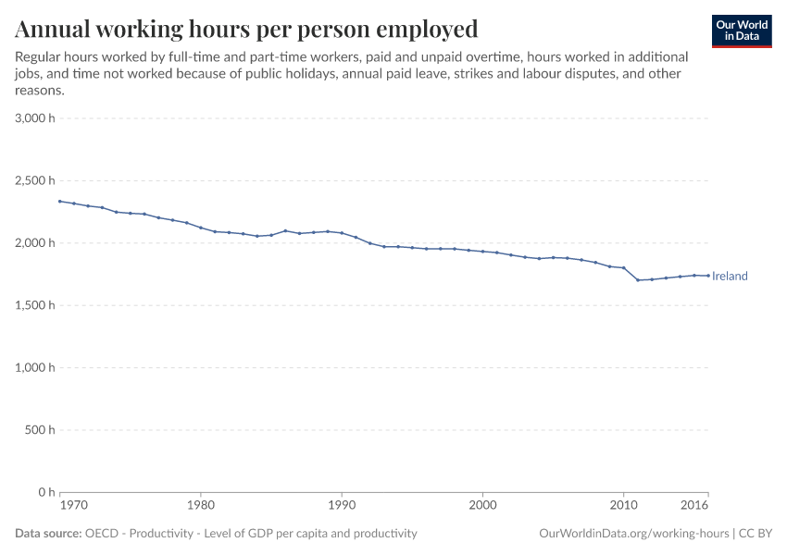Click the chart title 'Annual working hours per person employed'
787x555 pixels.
[x=246, y=29]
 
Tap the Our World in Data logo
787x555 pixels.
[x=741, y=31]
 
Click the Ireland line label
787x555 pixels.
[x=730, y=276]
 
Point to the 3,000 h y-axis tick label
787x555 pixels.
[x=35, y=118]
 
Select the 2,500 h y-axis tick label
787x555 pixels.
[x=35, y=180]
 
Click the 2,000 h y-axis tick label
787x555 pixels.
[x=35, y=242]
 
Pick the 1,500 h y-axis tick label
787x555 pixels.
[x=35, y=305]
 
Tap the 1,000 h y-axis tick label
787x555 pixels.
[x=35, y=367]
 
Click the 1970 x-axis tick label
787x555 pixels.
[x=73, y=506]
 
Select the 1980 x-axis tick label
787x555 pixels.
[x=201, y=506]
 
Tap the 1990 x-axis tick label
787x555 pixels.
[x=342, y=506]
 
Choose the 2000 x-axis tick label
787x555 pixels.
[x=482, y=506]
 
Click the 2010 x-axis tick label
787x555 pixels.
[x=623, y=506]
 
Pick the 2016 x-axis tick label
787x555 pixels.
[x=695, y=506]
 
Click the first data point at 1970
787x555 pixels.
[x=60, y=202]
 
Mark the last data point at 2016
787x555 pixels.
[x=708, y=276]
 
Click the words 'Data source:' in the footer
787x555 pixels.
[x=47, y=534]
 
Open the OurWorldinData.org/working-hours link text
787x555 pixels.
[x=634, y=534]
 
